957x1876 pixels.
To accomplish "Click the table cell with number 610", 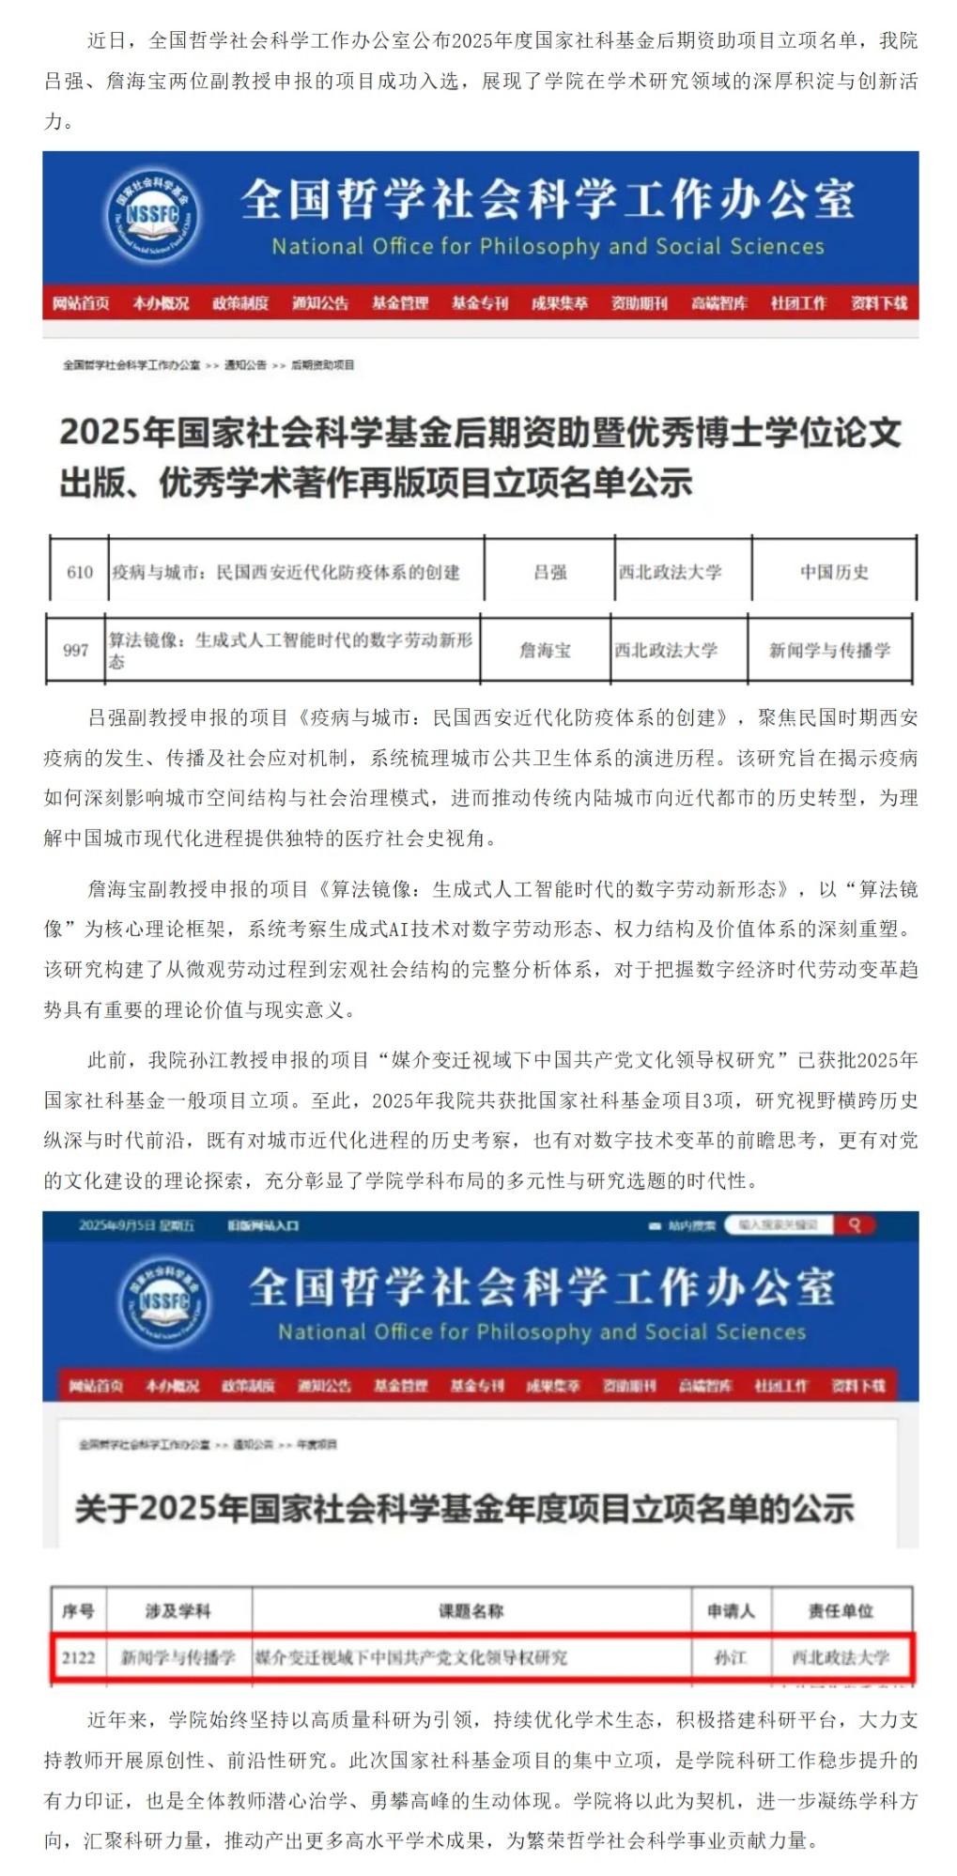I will coord(80,572).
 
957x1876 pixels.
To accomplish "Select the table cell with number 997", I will coord(76,650).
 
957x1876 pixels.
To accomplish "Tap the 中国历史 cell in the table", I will coord(834,572).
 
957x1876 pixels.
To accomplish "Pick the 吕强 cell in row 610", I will coord(550,572).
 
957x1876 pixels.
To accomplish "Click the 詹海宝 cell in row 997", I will coord(546,650).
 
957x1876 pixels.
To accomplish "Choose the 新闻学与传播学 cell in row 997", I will coord(829,650).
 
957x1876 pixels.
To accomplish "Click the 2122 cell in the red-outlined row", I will coord(79,1657).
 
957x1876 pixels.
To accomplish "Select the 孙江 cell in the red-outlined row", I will coord(731,1657).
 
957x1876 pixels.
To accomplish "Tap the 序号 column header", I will coord(79,1611).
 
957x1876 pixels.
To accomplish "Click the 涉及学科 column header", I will coord(178,1611).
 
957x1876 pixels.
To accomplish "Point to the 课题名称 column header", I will coord(471,1611).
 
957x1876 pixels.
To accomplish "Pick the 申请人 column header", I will coord(731,1611).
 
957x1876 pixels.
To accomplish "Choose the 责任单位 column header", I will coord(841,1611).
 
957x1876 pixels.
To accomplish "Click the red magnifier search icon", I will coord(855,1224).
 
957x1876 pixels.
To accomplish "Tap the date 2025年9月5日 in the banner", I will coord(137,1225).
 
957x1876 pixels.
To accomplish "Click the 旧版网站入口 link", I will coord(264,1225).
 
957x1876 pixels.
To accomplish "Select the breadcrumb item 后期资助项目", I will coord(323,365).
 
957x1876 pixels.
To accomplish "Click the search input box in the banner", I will coord(779,1224).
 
